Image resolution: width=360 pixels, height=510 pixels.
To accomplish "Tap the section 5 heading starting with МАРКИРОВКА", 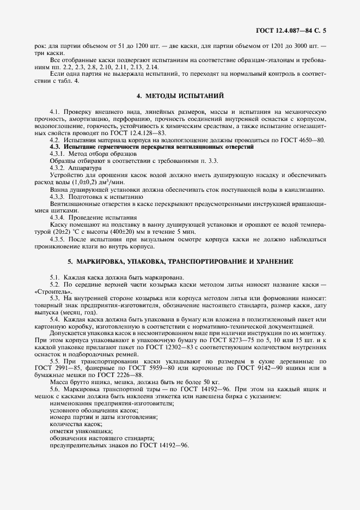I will tap(180, 262).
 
